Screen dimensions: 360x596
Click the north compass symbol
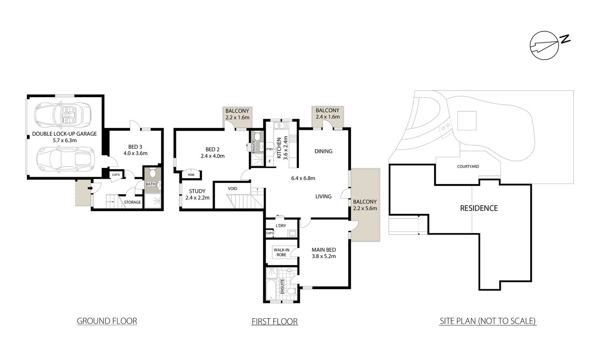545,45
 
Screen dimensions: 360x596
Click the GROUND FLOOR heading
107,321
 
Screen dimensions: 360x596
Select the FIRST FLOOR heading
274,321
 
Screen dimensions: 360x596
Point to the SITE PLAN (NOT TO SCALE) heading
488,321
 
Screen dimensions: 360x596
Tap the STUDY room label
197,191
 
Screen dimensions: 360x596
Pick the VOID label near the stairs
233,189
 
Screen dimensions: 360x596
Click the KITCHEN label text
279,148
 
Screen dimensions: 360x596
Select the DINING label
323,151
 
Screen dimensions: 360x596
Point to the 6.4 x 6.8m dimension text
303,179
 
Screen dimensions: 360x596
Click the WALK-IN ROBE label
281,252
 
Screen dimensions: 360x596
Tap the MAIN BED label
323,250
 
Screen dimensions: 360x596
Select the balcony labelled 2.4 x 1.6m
327,113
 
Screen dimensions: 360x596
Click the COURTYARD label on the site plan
468,167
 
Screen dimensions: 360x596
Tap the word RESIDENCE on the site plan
479,208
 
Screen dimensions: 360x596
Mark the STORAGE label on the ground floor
132,202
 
